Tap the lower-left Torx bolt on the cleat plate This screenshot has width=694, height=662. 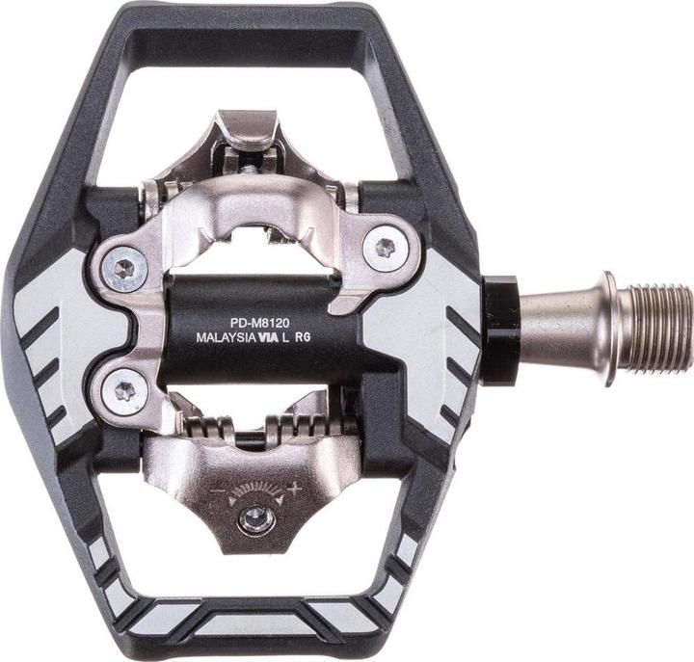125,390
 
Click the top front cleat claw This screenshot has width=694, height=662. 249,130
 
